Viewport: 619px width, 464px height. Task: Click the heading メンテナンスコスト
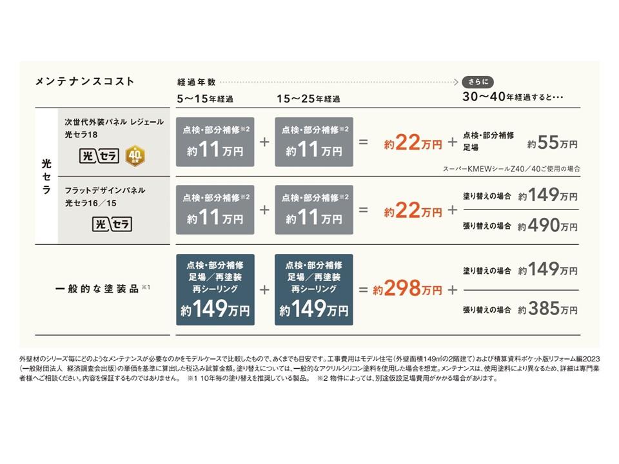pos(84,81)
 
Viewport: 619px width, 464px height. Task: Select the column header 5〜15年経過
pos(205,99)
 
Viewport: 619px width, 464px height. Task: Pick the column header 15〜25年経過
pos(308,99)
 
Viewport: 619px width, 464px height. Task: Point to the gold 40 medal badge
pos(135,155)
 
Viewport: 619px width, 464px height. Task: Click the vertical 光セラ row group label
pos(46,175)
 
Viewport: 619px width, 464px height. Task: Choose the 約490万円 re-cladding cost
pos(548,226)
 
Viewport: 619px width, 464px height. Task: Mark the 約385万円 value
pos(548,309)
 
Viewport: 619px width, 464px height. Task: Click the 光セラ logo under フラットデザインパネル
pos(113,224)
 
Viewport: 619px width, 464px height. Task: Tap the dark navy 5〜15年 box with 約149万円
pos(215,289)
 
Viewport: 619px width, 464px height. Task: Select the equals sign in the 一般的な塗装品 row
pos(363,289)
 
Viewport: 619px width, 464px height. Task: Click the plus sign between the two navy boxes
pos(264,289)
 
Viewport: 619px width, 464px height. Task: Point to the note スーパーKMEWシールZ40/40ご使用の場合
pos(511,169)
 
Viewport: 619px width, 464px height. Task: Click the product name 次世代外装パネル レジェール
pos(114,121)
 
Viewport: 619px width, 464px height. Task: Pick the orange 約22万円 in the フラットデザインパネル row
pos(413,210)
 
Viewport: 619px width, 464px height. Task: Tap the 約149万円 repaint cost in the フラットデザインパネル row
pos(548,195)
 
